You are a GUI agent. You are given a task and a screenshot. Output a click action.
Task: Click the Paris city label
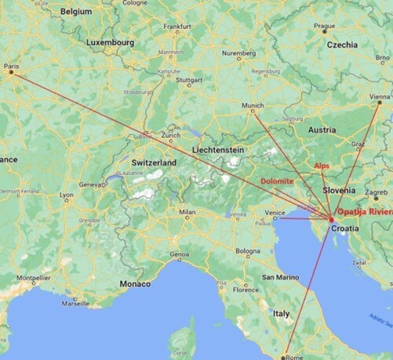(11, 66)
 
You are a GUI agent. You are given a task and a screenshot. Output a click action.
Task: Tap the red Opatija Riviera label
(362, 213)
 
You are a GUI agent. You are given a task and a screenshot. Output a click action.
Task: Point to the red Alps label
(322, 166)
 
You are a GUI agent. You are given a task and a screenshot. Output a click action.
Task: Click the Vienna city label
(378, 96)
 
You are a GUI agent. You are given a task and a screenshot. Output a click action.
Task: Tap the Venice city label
(275, 212)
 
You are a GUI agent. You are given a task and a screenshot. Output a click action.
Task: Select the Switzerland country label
(155, 162)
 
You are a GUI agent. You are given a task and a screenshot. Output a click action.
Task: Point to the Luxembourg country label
(111, 42)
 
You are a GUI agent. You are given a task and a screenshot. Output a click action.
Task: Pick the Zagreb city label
(376, 192)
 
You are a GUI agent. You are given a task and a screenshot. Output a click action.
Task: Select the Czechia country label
(342, 45)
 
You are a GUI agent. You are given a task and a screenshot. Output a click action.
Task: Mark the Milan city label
(187, 212)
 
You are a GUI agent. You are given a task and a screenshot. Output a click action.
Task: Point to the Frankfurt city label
(177, 26)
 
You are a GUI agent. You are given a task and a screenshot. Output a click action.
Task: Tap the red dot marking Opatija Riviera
(331, 219)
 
